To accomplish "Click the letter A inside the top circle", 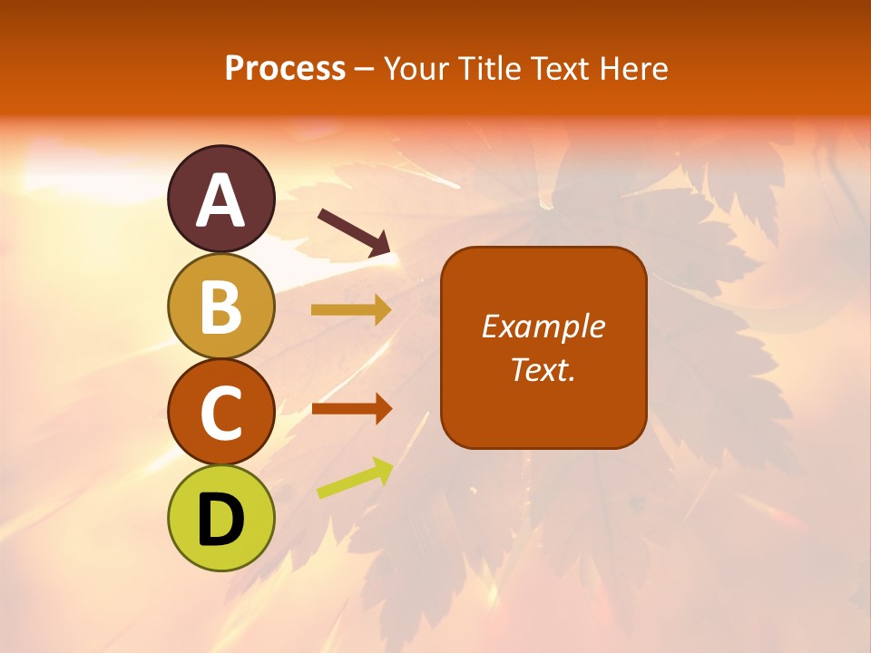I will pos(221,201).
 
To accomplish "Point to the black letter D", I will pos(221,521).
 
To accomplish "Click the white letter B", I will pos(221,307).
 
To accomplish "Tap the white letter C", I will pos(221,414).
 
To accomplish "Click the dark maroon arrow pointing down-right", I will pos(355,232).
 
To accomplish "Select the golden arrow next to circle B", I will pos(351,310).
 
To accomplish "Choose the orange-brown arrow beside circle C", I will pos(351,408).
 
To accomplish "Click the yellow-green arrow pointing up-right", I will pos(355,478).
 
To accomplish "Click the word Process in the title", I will pos(285,69).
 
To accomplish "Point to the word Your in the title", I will pos(416,69).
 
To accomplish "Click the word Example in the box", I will pos(543,326).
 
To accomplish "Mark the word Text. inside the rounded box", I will pos(543,369).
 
